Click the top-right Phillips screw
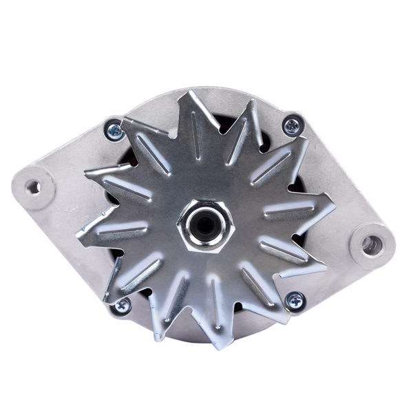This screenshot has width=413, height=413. coord(292,125)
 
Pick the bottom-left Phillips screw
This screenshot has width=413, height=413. coord(123,304)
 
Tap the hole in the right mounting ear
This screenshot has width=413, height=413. coord(372,243)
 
